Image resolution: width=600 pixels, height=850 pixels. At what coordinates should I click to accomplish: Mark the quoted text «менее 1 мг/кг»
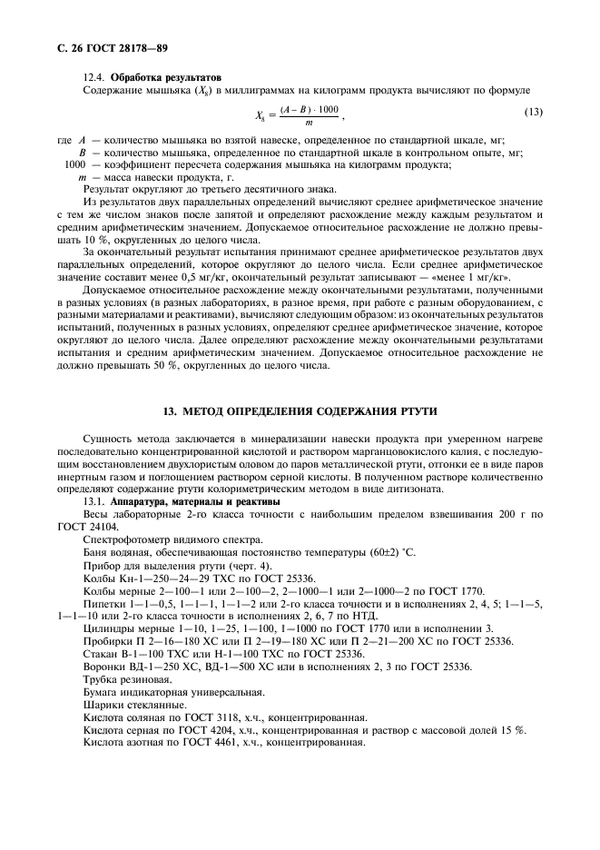(x=471, y=275)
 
